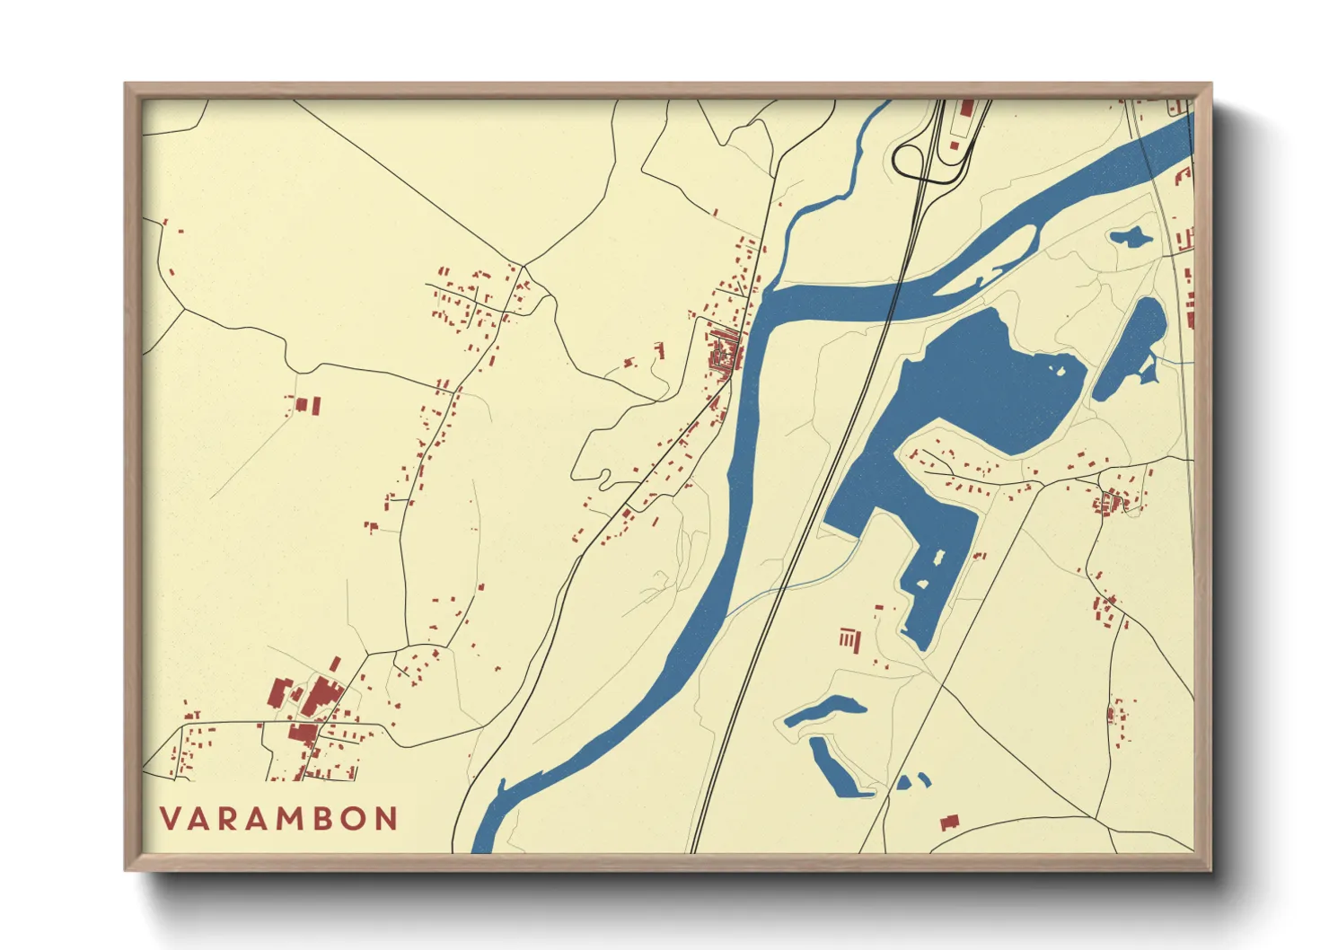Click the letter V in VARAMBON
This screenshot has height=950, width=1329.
(171, 819)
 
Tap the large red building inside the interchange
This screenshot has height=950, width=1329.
(966, 109)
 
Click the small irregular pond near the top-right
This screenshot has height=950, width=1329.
(1130, 238)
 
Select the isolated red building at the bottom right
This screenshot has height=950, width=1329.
(949, 822)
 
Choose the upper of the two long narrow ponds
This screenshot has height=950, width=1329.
(824, 709)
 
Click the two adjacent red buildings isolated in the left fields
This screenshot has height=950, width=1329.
(308, 406)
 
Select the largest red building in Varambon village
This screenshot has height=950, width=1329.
(320, 698)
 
